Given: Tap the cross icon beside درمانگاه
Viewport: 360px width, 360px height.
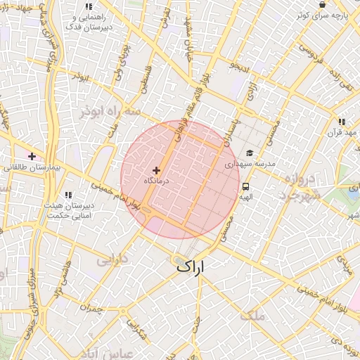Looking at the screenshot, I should coord(156,170).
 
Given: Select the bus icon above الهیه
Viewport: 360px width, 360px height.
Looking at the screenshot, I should coord(246,187).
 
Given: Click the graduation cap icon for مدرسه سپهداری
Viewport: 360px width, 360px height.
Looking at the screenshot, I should coord(249,153).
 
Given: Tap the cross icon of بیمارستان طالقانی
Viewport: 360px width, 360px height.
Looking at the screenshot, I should coord(32,155).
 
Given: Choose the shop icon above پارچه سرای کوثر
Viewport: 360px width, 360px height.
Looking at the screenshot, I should coord(322,4).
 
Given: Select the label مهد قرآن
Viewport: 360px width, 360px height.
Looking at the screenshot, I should coord(342,131).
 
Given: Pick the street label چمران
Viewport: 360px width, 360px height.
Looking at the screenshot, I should coord(91,309).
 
